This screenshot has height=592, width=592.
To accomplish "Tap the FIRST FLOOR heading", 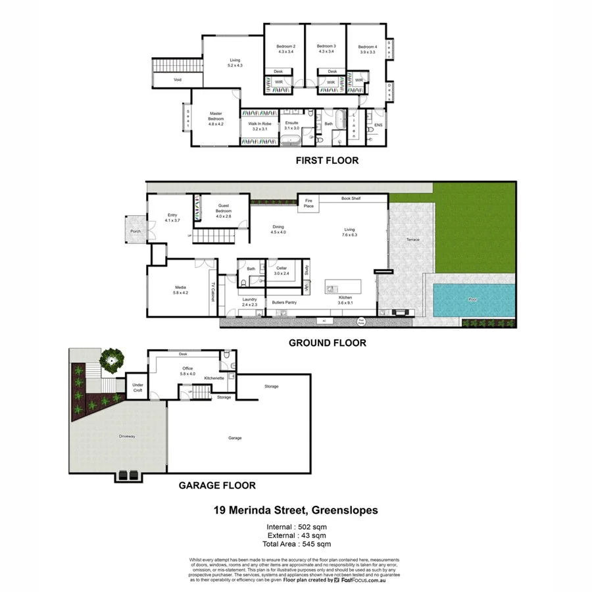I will [x=327, y=160].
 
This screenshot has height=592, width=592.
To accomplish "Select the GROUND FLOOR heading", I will [x=328, y=343].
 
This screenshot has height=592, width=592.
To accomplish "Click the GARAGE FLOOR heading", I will [x=217, y=486].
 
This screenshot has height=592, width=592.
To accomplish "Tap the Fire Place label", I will [x=308, y=203].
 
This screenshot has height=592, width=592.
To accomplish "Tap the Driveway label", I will [x=127, y=436].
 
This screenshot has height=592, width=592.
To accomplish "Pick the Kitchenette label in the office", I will [x=214, y=378].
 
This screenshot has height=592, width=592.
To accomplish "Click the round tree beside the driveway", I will [x=112, y=360].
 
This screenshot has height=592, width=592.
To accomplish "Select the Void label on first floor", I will [x=178, y=80].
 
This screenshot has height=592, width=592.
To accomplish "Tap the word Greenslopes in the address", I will [x=344, y=510].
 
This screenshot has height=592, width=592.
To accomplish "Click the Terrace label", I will [x=413, y=240].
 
